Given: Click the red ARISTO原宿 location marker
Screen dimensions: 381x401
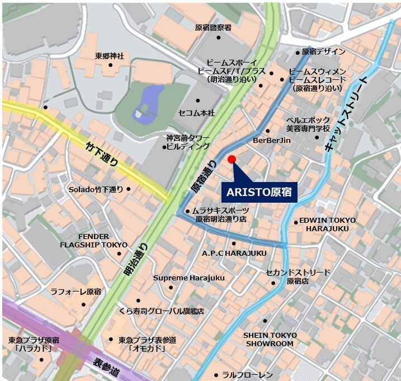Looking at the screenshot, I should (x=232, y=160).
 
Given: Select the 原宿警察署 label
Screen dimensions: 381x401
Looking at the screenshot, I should (x=213, y=27).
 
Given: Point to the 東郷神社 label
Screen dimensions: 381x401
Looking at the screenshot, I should (x=110, y=56).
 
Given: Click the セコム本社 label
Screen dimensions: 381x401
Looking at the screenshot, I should (x=196, y=113).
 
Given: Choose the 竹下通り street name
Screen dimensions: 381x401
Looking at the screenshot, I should (x=102, y=155).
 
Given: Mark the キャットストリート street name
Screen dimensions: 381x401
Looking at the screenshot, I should (x=346, y=113).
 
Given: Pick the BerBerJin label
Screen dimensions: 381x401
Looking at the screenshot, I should (x=272, y=140).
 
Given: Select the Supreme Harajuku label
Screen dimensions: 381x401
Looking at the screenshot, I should (x=188, y=278).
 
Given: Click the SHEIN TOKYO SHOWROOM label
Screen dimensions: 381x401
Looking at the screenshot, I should (x=270, y=339).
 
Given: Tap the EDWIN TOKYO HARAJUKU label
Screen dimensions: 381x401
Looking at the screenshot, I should (x=327, y=224).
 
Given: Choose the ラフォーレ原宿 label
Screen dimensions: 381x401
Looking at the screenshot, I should (x=76, y=292).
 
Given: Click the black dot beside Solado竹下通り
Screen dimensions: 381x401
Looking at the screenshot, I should (x=129, y=189).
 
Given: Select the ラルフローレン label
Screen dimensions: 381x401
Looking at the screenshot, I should (x=247, y=374).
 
